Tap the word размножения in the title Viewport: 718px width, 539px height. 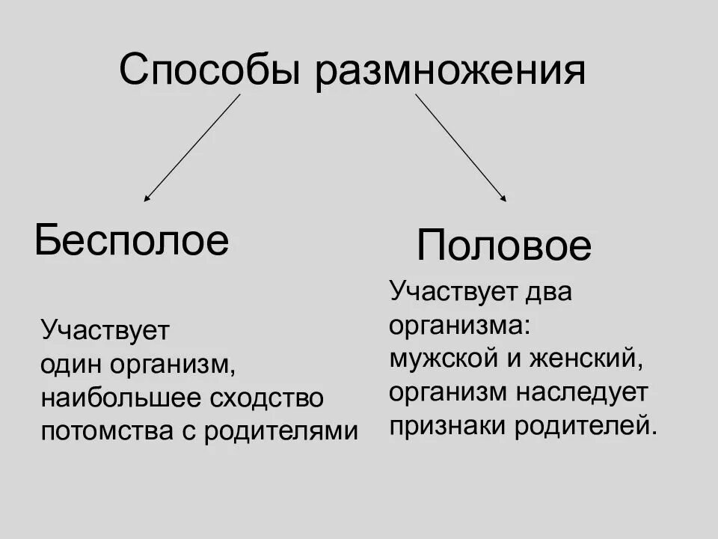(x=449, y=72)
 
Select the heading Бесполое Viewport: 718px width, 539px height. (x=132, y=240)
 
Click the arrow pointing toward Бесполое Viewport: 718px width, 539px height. (x=191, y=147)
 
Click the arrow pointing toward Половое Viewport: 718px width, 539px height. (x=461, y=147)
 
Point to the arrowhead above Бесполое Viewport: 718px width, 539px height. (x=147, y=198)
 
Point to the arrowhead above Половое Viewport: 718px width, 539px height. (x=504, y=198)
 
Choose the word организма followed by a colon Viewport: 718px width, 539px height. (x=459, y=325)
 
